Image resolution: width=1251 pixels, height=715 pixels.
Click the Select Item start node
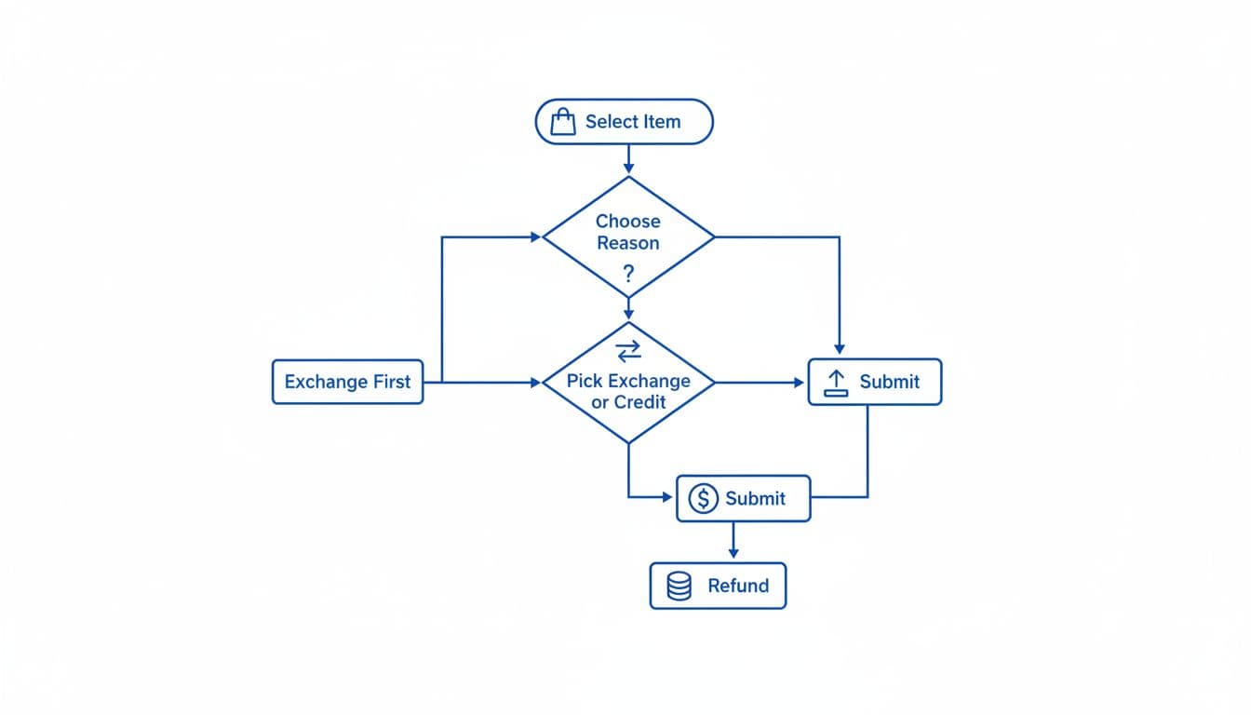click(624, 122)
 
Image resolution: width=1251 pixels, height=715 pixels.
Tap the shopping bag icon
click(563, 122)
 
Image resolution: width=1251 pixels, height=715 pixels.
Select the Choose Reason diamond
click(628, 236)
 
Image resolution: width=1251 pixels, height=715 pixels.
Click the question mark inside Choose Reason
click(628, 274)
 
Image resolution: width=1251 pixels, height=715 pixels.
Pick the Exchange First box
click(347, 382)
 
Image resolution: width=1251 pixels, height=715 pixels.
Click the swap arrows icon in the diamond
click(628, 350)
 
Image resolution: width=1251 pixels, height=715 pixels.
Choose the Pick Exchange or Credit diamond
click(628, 392)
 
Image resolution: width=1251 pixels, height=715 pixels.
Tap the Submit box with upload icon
click(874, 382)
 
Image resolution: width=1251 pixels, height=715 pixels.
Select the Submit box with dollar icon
click(743, 498)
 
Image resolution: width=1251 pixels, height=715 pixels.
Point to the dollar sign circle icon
click(703, 498)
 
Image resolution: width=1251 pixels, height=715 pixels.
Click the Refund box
click(718, 586)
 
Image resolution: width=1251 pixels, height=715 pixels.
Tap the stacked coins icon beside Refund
click(679, 586)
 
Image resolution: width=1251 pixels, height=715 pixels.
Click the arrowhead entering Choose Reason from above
click(628, 169)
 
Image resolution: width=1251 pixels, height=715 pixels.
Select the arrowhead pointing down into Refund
click(733, 555)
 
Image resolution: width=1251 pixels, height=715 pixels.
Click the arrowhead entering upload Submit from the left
click(800, 383)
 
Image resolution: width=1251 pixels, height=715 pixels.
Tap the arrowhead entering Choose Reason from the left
click(535, 237)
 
